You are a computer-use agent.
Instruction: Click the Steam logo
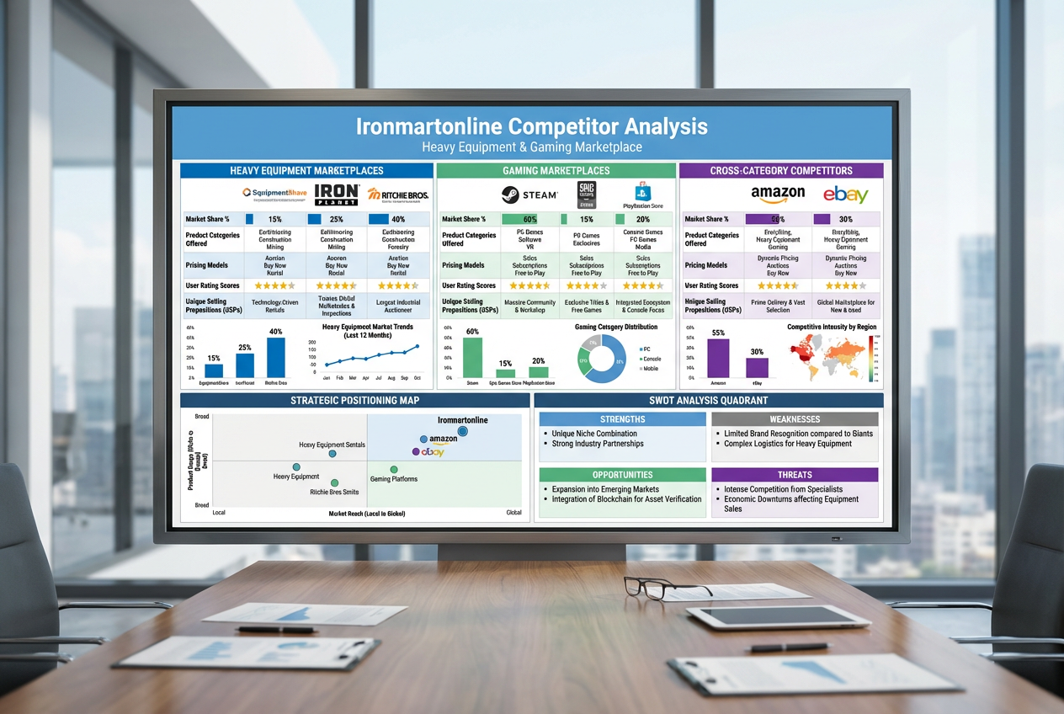click(529, 194)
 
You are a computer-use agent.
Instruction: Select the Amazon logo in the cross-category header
click(778, 194)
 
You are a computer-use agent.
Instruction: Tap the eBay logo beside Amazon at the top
click(845, 194)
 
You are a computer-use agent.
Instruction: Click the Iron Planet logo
click(336, 194)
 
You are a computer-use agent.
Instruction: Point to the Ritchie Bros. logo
click(397, 194)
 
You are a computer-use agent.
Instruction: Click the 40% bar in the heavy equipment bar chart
click(275, 357)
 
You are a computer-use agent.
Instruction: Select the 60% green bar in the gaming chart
click(472, 357)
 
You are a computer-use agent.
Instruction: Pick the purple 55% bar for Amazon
click(718, 358)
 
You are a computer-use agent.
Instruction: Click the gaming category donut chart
click(602, 359)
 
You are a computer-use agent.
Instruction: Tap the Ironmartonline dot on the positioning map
click(462, 431)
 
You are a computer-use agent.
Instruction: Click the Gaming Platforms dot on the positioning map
click(394, 469)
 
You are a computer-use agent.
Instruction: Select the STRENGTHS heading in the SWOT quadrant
click(622, 419)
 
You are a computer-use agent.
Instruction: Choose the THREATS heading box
click(795, 475)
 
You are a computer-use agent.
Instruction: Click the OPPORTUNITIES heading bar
click(622, 475)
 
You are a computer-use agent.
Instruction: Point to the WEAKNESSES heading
click(795, 419)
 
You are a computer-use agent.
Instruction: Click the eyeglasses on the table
click(653, 585)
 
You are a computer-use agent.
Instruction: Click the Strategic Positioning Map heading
click(354, 400)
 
